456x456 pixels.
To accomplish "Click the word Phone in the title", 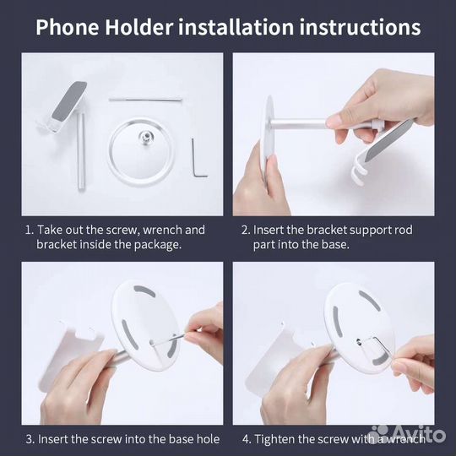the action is tap(68, 27).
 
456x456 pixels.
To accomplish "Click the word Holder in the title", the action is tap(139, 27).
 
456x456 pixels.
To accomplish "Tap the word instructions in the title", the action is tap(360, 27).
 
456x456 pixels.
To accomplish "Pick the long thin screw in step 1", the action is tap(145, 100).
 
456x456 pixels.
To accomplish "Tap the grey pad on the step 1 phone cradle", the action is tap(69, 101).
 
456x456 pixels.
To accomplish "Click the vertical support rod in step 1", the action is tap(81, 152).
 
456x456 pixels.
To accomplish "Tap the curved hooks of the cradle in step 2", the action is tap(357, 171).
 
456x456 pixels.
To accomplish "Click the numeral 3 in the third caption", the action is tap(29, 439).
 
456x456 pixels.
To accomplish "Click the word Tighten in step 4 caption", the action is tap(274, 439).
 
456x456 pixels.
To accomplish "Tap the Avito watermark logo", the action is tap(409, 435).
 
